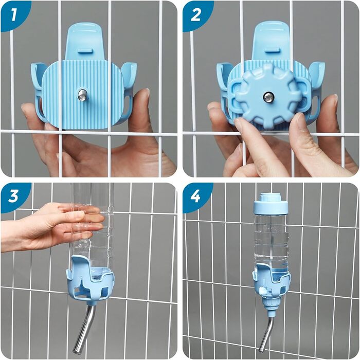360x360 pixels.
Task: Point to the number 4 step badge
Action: [196, 196]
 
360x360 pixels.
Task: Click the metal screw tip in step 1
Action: [82, 95]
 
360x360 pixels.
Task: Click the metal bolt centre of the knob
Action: [267, 97]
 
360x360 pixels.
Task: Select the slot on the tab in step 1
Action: [85, 50]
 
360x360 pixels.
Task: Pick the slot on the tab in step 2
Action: [272, 50]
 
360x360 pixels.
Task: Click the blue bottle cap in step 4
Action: [271, 204]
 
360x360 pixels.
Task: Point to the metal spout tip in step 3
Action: [77, 350]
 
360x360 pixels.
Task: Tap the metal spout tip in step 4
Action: [261, 350]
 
